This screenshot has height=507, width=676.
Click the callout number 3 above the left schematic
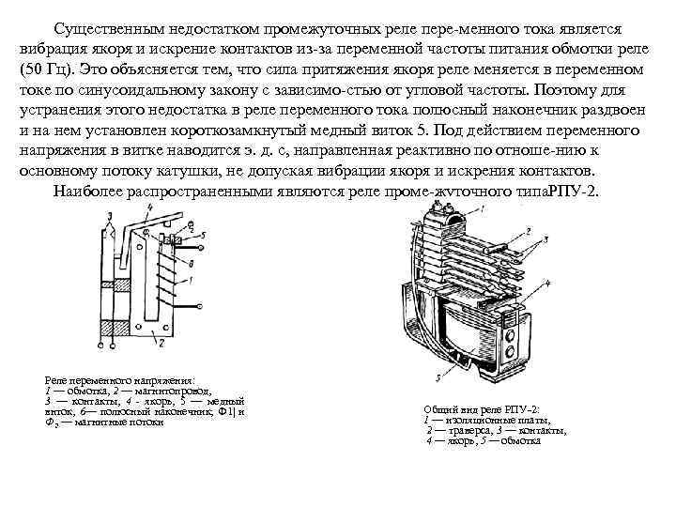click(x=110, y=215)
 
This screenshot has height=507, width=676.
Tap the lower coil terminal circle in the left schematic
click(x=200, y=306)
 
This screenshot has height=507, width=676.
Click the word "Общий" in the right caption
click(x=440, y=409)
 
